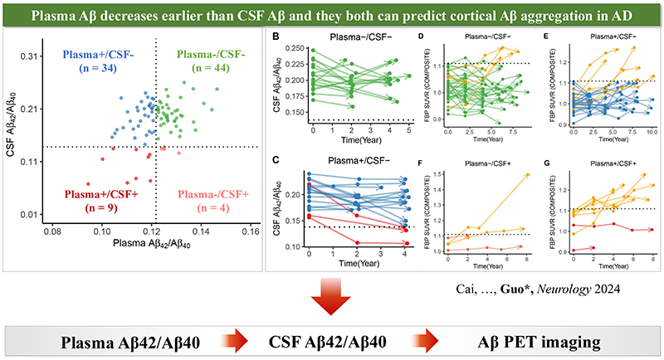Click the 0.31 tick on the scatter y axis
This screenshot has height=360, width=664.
(27, 56)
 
